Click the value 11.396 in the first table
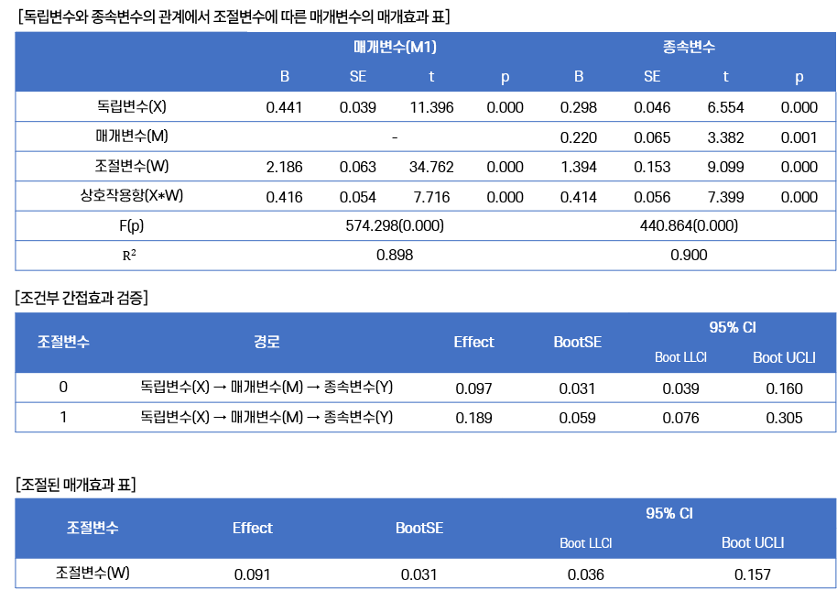click(x=431, y=107)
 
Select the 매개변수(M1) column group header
click(x=395, y=47)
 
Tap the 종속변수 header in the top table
click(x=689, y=47)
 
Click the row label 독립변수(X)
click(x=131, y=107)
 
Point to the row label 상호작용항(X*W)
click(x=131, y=195)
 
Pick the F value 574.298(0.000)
click(x=395, y=226)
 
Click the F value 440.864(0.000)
click(x=689, y=226)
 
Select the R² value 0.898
click(x=395, y=256)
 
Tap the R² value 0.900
click(x=689, y=256)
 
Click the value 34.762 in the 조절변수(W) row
click(x=431, y=167)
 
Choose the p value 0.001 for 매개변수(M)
click(x=799, y=137)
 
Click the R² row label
click(x=129, y=256)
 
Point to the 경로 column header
click(x=266, y=342)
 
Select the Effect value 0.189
click(x=473, y=418)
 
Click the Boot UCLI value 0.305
click(x=784, y=418)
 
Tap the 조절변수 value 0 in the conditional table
click(x=63, y=388)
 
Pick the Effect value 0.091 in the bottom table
click(x=252, y=574)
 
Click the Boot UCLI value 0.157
click(x=753, y=574)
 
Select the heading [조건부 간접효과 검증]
click(x=82, y=298)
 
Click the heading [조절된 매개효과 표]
click(x=76, y=485)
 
